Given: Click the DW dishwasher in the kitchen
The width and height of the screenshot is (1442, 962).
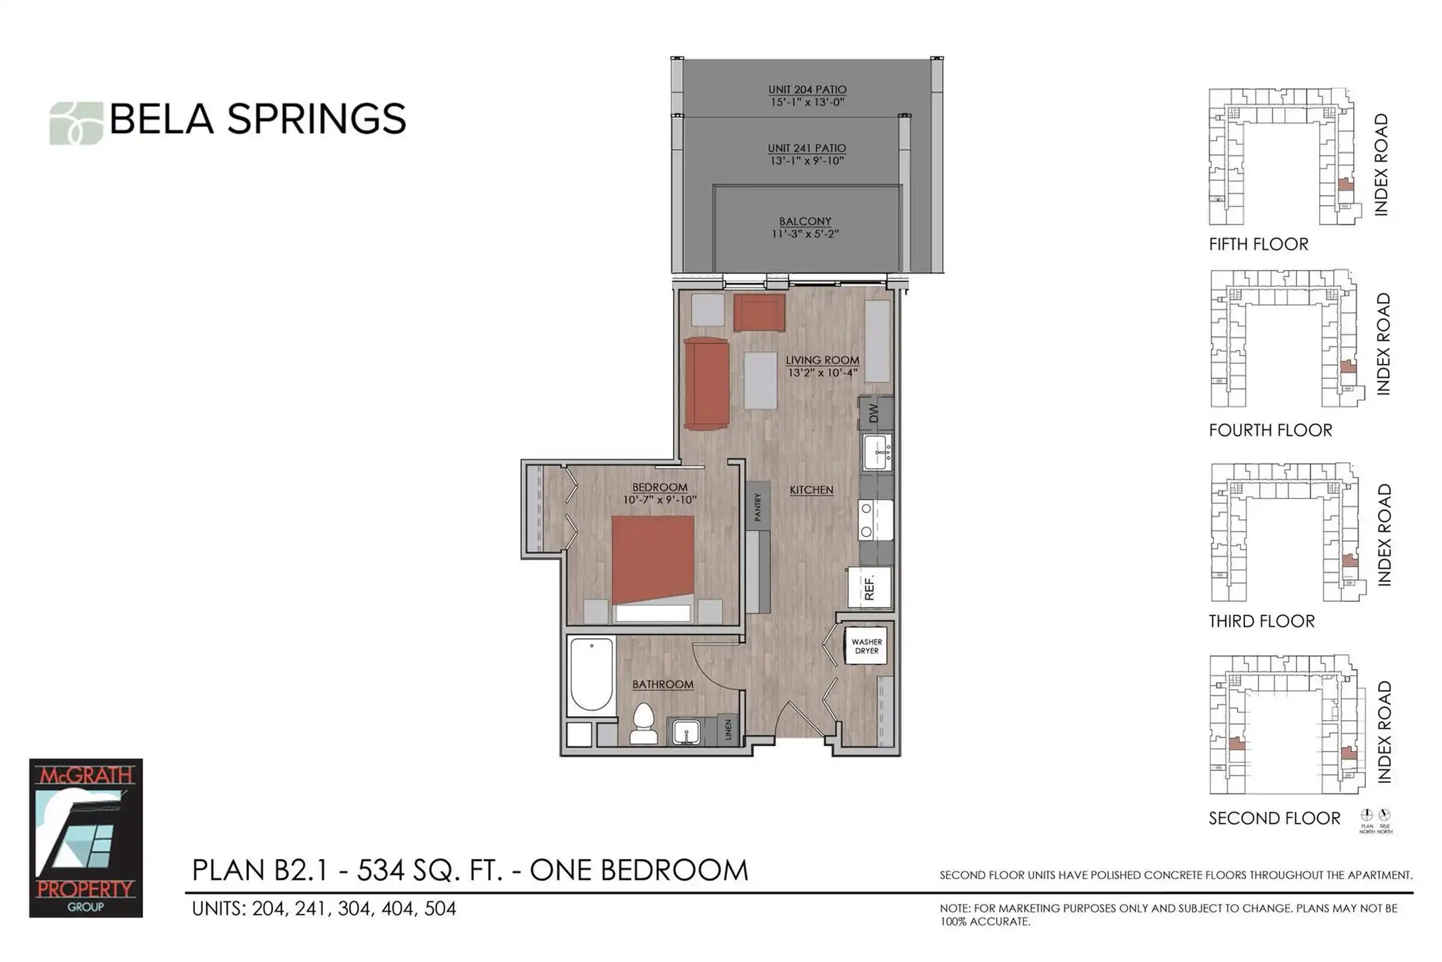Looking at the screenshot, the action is point(875,414).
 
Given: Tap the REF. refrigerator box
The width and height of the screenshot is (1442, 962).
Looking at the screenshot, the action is point(869,588).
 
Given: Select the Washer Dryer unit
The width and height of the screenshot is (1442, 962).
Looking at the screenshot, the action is point(866,646).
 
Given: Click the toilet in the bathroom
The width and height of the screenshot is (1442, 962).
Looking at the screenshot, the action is point(644,724).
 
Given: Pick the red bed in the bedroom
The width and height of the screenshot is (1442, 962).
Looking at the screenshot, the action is point(653,568).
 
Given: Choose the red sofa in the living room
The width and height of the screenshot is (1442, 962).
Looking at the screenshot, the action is point(706,384).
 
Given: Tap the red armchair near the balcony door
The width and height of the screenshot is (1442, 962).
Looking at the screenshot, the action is point(759,313).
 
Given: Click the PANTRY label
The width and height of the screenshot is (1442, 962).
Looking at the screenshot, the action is point(758,507).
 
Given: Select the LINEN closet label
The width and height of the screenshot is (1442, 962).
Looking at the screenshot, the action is point(728,729).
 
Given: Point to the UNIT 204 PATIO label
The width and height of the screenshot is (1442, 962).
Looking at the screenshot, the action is point(807,90).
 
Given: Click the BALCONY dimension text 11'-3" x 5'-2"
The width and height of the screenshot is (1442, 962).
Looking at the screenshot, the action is point(805,234).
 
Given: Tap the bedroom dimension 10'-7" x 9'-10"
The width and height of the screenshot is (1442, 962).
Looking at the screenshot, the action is point(660,500).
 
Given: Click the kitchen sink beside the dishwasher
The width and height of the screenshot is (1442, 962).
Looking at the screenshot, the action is point(877,452).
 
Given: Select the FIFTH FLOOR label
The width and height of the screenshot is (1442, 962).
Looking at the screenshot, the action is point(1258,245).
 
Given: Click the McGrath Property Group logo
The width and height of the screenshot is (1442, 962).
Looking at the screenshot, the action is point(85,838).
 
